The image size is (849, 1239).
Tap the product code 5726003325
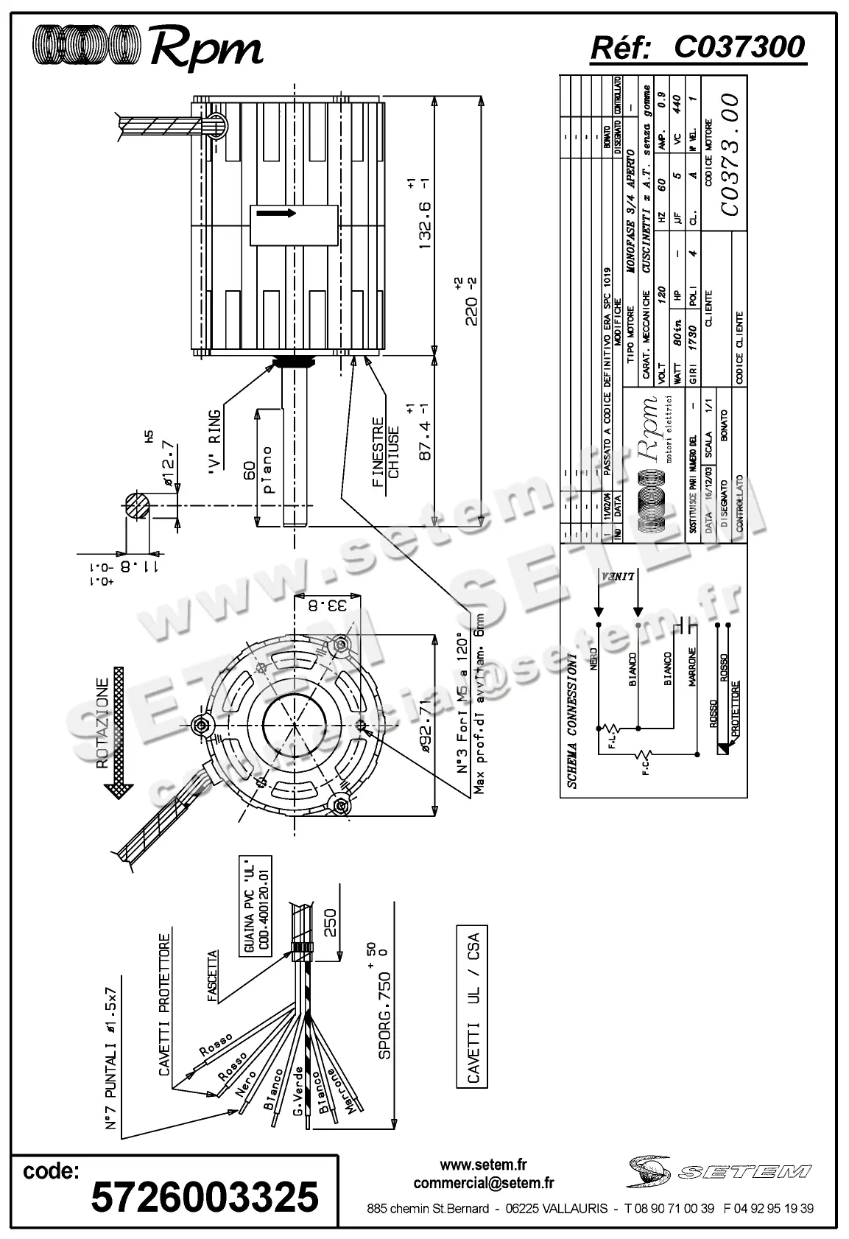(x=204, y=1196)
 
